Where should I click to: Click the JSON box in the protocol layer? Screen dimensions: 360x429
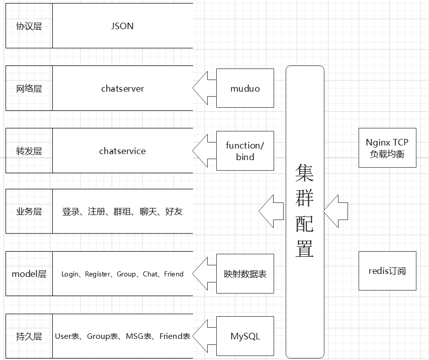122,26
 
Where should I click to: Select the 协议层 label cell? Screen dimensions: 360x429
29,26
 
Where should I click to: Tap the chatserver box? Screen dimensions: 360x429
122,89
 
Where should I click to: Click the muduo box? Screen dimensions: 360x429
245,89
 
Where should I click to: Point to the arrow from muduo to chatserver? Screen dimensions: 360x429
204,89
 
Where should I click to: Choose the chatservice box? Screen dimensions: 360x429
122,151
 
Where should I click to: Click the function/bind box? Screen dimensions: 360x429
245,151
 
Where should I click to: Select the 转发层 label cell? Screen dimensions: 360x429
29,151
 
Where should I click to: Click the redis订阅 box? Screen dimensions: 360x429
387,271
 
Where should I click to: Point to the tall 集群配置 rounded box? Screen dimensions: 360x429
305,211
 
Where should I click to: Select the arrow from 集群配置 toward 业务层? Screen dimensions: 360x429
272,211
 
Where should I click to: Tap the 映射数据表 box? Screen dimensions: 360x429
245,274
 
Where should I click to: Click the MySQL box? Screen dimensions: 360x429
245,336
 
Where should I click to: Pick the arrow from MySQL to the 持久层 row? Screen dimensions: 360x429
204,336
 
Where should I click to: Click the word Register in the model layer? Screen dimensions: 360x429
97,274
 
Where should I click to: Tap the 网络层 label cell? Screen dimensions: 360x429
29,89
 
